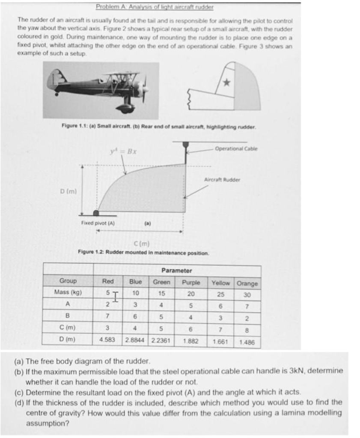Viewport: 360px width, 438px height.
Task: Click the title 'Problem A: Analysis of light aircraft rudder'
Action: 155,7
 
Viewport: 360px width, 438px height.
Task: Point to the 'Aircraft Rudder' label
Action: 222,180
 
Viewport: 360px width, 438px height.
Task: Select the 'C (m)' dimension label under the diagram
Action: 141,244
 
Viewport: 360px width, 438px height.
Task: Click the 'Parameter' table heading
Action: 177,271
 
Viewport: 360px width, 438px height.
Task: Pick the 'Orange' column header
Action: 247,284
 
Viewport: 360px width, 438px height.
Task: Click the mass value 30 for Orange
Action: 247,295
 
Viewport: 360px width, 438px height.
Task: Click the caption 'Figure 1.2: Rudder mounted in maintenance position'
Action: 143,253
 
